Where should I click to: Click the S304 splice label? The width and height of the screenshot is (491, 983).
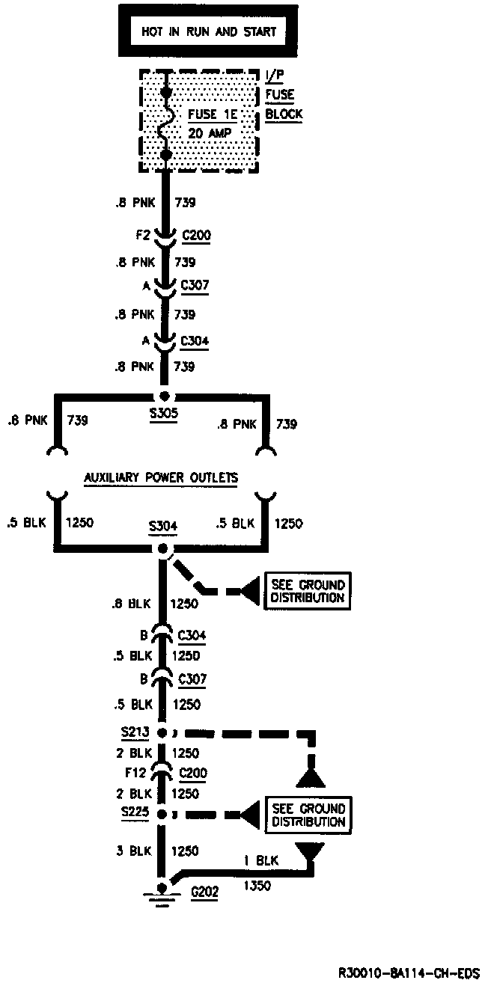tap(162, 526)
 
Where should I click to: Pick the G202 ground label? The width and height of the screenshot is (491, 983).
tap(205, 892)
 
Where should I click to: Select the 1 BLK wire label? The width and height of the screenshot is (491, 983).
tap(261, 861)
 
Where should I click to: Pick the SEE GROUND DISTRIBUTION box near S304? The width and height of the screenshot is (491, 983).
tap(308, 591)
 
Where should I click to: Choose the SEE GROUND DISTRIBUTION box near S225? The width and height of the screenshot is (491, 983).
tap(308, 815)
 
